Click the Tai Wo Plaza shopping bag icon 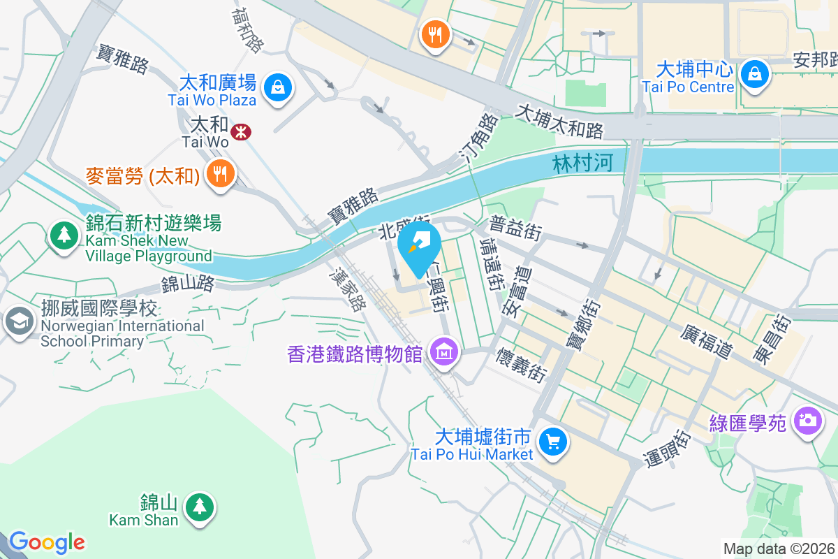click(x=278, y=88)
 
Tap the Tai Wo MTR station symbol click(x=242, y=131)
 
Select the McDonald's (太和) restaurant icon click(x=221, y=174)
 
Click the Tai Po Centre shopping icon click(x=754, y=73)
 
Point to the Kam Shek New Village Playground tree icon click(x=65, y=235)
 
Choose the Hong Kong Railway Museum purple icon click(x=443, y=352)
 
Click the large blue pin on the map click(x=419, y=247)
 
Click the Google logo click(x=47, y=542)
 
